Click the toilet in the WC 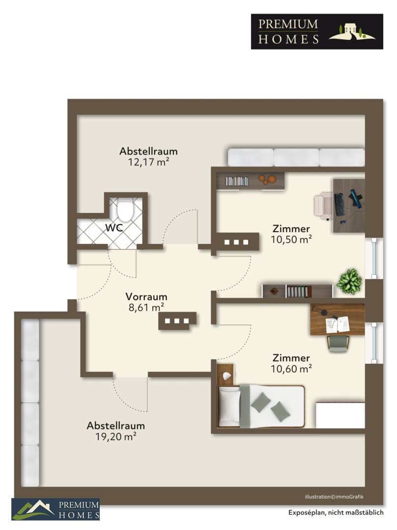(x=125, y=210)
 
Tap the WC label (x=114, y=228)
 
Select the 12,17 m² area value (x=148, y=162)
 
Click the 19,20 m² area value (x=116, y=437)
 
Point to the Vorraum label (x=146, y=297)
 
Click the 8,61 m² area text (x=146, y=308)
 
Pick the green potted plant (x=349, y=281)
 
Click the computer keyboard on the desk (x=340, y=205)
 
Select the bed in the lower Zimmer (x=261, y=406)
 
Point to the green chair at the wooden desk (x=338, y=343)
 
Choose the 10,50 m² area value (x=291, y=239)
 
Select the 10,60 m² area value (x=291, y=369)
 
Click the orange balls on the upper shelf (x=267, y=179)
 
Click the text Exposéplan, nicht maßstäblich (x=336, y=512)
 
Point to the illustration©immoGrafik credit (x=334, y=497)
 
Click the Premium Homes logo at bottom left (x=56, y=509)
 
